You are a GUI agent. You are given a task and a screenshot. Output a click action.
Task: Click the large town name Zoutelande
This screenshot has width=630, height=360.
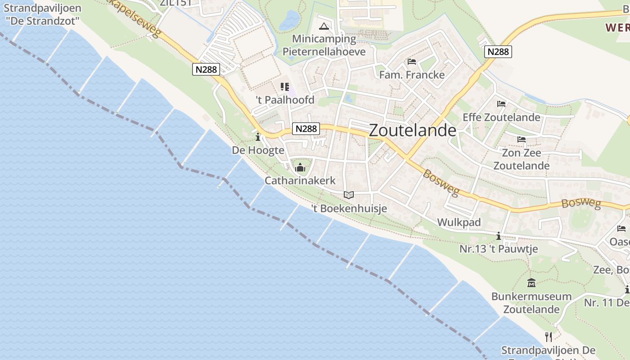click(x=413, y=130)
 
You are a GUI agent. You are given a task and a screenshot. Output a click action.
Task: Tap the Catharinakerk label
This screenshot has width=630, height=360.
click(x=300, y=181)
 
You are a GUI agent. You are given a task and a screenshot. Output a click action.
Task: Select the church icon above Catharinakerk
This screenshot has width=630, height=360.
click(x=300, y=168)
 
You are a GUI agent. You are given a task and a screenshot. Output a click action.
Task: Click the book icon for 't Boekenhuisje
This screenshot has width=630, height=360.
click(x=349, y=195)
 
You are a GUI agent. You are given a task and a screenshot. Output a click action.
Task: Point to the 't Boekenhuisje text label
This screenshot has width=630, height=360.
click(x=349, y=208)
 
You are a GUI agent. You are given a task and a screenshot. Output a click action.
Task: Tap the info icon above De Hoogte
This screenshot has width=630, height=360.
click(x=258, y=137)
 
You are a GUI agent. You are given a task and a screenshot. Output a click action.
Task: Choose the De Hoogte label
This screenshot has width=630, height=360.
click(x=258, y=150)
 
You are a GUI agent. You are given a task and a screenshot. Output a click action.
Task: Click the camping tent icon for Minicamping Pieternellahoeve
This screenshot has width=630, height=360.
click(x=324, y=26)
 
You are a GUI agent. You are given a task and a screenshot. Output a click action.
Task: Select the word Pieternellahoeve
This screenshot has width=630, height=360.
click(x=324, y=51)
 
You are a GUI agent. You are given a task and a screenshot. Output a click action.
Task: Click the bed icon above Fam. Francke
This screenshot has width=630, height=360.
click(x=411, y=62)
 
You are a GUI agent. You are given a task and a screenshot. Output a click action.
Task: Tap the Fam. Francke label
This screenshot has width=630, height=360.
click(x=412, y=75)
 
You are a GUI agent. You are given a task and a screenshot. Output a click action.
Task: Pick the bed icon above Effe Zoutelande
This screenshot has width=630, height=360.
click(x=501, y=104)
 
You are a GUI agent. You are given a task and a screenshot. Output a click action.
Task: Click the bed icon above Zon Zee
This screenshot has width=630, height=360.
click(x=522, y=139)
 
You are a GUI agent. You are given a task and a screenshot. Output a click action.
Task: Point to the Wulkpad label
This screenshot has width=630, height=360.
click(x=459, y=222)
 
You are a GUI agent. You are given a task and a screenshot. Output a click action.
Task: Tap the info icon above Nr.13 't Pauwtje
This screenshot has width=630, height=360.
click(x=498, y=236)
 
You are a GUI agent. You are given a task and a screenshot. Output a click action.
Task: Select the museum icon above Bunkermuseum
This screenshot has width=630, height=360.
click(x=531, y=283)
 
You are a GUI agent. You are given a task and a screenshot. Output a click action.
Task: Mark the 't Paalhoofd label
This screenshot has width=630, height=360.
click(x=285, y=100)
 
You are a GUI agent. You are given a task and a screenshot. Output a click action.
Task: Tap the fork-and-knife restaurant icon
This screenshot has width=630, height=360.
click(x=549, y=337)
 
